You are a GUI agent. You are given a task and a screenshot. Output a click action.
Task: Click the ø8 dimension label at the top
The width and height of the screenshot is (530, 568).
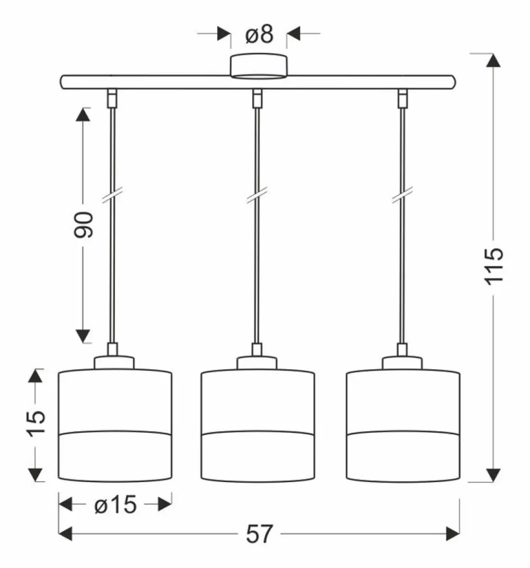point(259,35)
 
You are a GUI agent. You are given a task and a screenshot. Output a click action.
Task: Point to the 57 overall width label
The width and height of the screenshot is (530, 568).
point(259,534)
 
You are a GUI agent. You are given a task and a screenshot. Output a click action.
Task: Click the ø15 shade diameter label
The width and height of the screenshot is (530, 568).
point(115,505)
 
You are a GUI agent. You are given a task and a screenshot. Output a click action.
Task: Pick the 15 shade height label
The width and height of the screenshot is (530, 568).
point(36,424)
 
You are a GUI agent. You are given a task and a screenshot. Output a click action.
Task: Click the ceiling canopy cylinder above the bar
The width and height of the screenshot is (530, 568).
point(259,66)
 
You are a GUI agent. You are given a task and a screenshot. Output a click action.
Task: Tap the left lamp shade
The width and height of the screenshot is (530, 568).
point(115,425)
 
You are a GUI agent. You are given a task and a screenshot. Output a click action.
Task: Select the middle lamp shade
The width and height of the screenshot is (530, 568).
point(258,425)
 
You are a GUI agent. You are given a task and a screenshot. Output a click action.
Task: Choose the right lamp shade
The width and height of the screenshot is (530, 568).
point(403,425)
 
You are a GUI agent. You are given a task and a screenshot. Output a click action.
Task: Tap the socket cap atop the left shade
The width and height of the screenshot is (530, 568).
point(114,362)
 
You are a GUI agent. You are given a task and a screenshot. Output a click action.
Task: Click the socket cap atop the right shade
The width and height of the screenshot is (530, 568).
point(402,362)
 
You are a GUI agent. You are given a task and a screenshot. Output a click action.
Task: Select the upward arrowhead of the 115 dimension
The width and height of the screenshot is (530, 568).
point(493,60)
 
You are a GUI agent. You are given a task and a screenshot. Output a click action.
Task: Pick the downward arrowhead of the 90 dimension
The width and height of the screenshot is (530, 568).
point(83,336)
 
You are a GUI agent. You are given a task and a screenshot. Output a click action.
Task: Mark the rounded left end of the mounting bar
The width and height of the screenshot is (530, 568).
point(64,82)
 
